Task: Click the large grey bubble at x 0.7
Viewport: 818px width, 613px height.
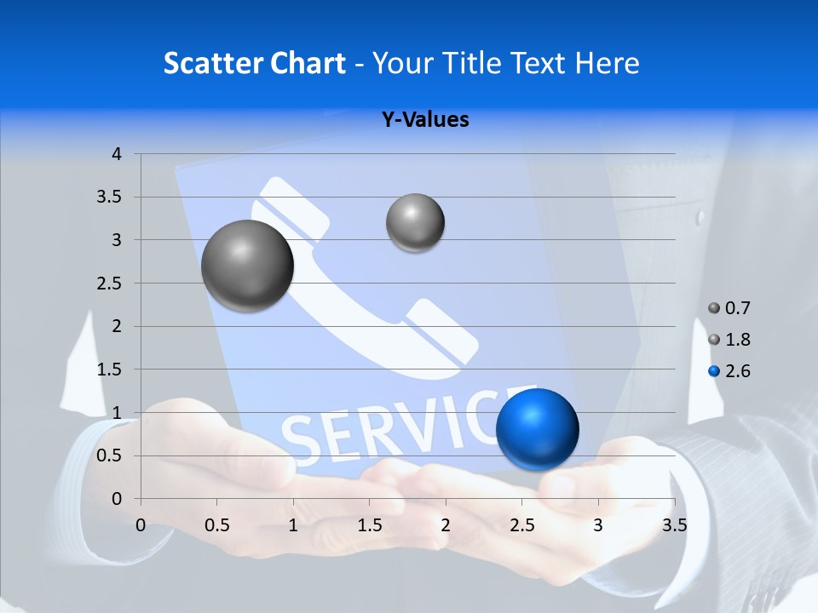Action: tap(247, 266)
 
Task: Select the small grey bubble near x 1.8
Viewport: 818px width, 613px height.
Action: tap(415, 222)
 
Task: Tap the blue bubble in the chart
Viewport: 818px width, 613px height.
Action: tap(537, 429)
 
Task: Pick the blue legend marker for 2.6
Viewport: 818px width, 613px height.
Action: tap(714, 371)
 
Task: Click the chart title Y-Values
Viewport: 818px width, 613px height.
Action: tap(424, 120)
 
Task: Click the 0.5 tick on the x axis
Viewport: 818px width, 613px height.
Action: tap(217, 525)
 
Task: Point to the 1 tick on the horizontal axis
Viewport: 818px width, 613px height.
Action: tap(293, 525)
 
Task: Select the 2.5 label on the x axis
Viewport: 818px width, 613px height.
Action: tap(521, 525)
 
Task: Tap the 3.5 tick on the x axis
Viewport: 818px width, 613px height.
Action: tap(674, 525)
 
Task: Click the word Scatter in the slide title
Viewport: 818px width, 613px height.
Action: tap(209, 63)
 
